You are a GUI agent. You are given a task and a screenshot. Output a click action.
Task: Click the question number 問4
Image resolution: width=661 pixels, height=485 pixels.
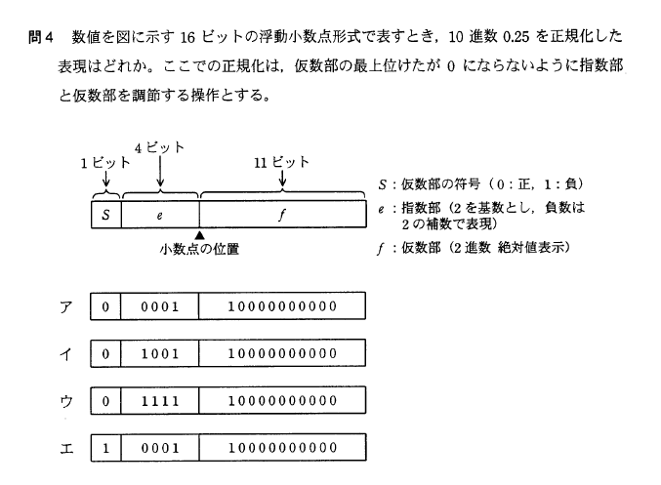pyautogui.click(x=40, y=37)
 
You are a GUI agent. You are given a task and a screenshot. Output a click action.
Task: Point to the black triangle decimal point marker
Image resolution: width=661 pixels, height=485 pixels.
pyautogui.click(x=199, y=235)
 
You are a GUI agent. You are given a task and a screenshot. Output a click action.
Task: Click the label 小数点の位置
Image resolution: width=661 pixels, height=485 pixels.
pyautogui.click(x=200, y=249)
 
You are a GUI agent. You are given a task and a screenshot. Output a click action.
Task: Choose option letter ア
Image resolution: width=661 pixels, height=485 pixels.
pyautogui.click(x=64, y=306)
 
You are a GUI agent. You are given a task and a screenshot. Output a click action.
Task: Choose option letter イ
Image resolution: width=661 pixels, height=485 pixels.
pyautogui.click(x=64, y=352)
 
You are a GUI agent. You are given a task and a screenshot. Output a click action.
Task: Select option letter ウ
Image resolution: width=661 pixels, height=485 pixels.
pyautogui.click(x=64, y=400)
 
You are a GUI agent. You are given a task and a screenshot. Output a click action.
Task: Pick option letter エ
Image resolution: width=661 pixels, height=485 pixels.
pyautogui.click(x=64, y=447)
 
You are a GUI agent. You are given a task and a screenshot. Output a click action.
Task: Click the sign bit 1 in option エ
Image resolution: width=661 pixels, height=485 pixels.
pyautogui.click(x=104, y=447)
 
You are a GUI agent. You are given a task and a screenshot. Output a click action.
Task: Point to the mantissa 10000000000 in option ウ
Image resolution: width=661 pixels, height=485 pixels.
pyautogui.click(x=281, y=400)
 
